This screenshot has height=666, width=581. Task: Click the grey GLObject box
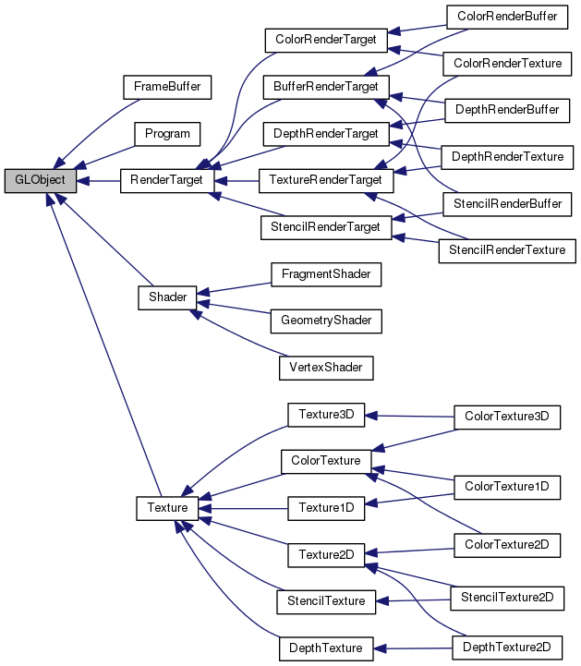pyautogui.click(x=40, y=180)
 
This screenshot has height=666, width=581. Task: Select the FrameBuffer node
pyautogui.click(x=167, y=87)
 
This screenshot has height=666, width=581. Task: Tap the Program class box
pyautogui.click(x=167, y=134)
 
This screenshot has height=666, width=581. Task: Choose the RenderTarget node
pyautogui.click(x=167, y=180)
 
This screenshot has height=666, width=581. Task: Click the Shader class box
pyautogui.click(x=167, y=297)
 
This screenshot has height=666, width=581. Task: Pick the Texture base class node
pyautogui.click(x=167, y=507)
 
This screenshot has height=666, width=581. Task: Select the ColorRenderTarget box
pyautogui.click(x=321, y=41)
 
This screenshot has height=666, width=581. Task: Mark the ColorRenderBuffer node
pyautogui.click(x=507, y=17)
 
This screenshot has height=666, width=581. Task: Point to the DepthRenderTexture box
pyautogui.click(x=507, y=156)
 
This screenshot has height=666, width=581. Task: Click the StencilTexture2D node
pyautogui.click(x=507, y=599)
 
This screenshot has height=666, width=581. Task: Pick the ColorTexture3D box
pyautogui.click(x=507, y=417)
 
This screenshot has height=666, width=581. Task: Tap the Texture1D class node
pyautogui.click(x=321, y=507)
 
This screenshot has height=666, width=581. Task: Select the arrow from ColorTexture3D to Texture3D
pyautogui.click(x=411, y=417)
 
